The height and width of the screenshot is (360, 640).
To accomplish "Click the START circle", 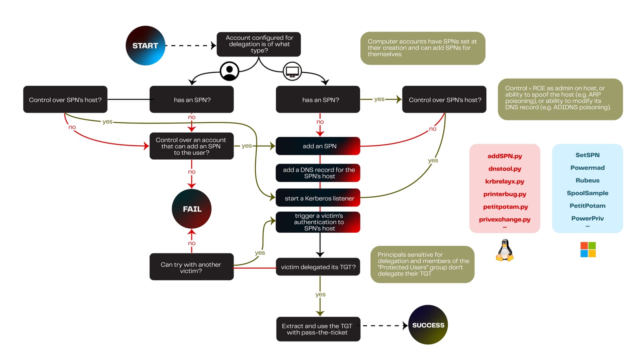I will click(x=145, y=46).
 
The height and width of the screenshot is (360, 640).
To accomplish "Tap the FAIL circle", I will click(x=192, y=209).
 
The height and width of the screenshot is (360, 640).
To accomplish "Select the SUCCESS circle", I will click(x=428, y=325).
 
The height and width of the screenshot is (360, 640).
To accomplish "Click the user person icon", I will click(x=230, y=71).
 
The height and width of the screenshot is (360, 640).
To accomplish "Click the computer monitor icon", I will click(x=292, y=72).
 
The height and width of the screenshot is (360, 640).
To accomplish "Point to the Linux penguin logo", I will click(x=505, y=251).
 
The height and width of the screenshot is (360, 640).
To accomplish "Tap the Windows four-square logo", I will click(x=588, y=250).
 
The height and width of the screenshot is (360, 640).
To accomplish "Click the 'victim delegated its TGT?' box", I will click(x=318, y=267).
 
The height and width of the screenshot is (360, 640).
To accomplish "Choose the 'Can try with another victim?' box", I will click(x=191, y=267).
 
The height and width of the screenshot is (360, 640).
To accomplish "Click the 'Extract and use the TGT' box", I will click(x=318, y=329).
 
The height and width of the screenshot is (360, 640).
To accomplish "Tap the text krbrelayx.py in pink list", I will click(x=504, y=181).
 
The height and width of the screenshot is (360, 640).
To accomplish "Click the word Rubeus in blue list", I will click(x=587, y=180).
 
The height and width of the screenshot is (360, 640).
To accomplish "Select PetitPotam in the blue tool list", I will click(x=587, y=206).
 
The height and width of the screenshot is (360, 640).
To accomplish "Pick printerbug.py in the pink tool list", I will click(x=504, y=194).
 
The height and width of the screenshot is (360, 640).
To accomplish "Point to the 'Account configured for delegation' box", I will click(x=259, y=44).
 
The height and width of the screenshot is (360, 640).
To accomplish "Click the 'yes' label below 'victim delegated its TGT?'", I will click(x=320, y=294).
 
